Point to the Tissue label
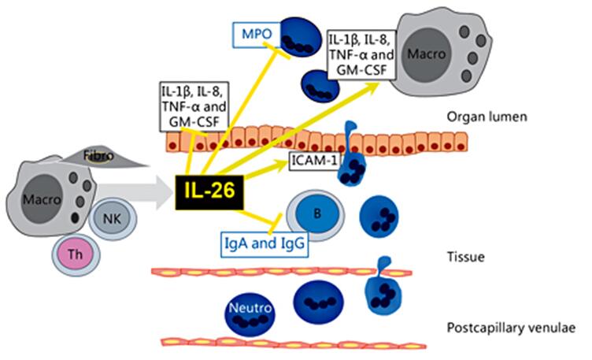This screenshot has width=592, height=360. click(x=462, y=256)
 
